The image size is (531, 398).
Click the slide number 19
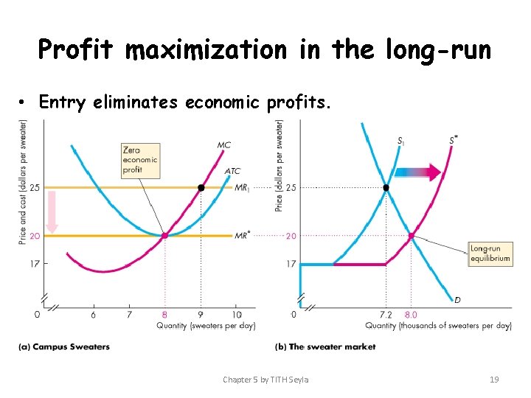(494, 380)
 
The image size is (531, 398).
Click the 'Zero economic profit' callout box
(140, 160)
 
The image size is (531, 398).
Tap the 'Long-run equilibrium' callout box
(490, 254)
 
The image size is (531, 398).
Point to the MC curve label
(224, 145)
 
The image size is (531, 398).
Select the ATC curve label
(232, 171)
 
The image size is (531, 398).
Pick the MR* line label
(243, 236)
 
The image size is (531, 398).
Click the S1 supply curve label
(400, 140)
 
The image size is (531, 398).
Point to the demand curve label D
(458, 299)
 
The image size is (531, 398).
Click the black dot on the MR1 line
(201, 188)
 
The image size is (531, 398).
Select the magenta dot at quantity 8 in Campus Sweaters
(164, 236)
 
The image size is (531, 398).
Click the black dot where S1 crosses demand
(386, 188)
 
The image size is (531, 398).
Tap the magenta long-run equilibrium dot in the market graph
(412, 237)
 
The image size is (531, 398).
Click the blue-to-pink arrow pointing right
(417, 172)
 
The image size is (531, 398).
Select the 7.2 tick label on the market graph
(386, 315)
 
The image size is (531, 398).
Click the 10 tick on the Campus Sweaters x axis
(237, 315)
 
